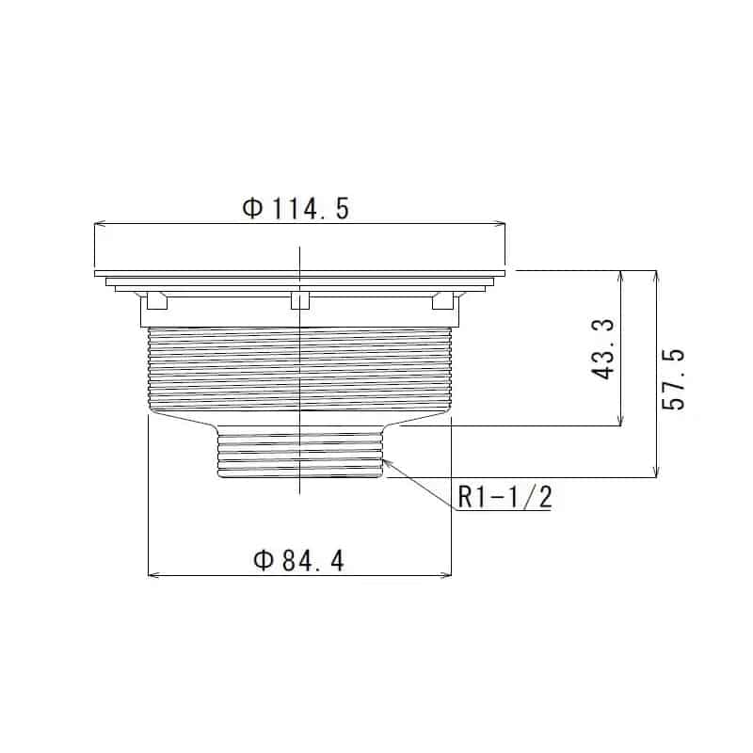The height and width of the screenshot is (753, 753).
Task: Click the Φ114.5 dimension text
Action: tap(296, 209)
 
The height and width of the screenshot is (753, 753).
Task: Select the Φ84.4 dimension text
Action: tap(299, 562)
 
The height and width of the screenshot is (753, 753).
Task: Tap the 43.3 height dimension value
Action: tap(604, 349)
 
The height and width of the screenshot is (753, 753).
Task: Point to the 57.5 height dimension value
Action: tap(674, 378)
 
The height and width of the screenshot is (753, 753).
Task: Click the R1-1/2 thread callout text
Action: tap(505, 497)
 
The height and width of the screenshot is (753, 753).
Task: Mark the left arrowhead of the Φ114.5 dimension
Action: tap(99, 224)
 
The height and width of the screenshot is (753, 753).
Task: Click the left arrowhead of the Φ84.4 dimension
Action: tap(153, 575)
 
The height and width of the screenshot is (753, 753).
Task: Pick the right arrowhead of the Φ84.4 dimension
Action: tap(447, 575)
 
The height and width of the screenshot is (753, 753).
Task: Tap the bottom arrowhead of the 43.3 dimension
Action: tap(620, 421)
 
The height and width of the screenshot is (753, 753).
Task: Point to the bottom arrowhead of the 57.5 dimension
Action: tap(656, 473)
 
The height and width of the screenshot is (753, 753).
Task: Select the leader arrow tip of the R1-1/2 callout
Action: tap(385, 458)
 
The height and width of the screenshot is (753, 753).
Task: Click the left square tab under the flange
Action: tap(156, 300)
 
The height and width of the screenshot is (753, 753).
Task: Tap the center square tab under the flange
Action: tap(300, 300)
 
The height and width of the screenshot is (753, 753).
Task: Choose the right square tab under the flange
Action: tap(442, 300)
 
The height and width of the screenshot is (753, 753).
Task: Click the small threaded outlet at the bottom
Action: tap(300, 452)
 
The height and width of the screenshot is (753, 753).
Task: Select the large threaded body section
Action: tap(300, 367)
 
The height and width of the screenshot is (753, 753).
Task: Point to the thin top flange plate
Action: tap(300, 274)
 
